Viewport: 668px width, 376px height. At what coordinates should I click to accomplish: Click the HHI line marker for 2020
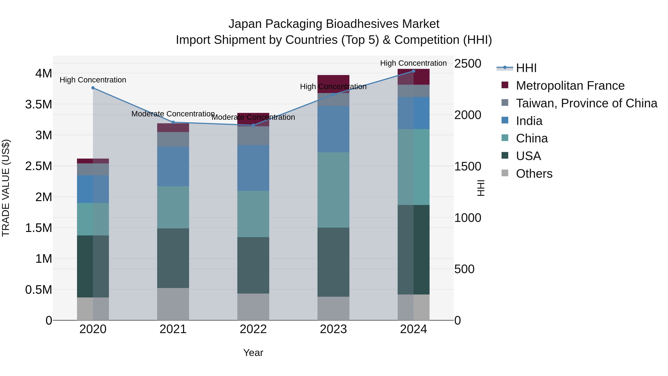coord(93,88)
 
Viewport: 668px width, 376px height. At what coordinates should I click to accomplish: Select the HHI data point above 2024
coord(413,71)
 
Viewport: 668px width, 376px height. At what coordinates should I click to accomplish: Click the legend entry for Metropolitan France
coord(570,86)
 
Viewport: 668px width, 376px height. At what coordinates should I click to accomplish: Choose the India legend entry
coord(529,121)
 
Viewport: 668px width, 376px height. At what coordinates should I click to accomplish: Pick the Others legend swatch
coord(505,173)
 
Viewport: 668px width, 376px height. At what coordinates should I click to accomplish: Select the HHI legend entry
coord(526,68)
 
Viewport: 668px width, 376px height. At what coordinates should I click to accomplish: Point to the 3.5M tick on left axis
coord(38,104)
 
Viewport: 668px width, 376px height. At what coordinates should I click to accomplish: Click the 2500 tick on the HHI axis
coord(468,64)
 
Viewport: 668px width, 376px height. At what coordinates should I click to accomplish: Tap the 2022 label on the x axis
coord(253,329)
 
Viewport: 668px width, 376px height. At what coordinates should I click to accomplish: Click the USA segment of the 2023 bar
coord(333,262)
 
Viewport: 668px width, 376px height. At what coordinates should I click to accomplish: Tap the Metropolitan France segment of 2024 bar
coord(413,77)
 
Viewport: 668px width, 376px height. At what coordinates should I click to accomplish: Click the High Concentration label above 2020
coord(93,80)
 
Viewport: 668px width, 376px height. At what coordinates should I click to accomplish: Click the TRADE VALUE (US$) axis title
coord(6,188)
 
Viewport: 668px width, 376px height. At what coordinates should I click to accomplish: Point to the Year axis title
coord(253,353)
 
